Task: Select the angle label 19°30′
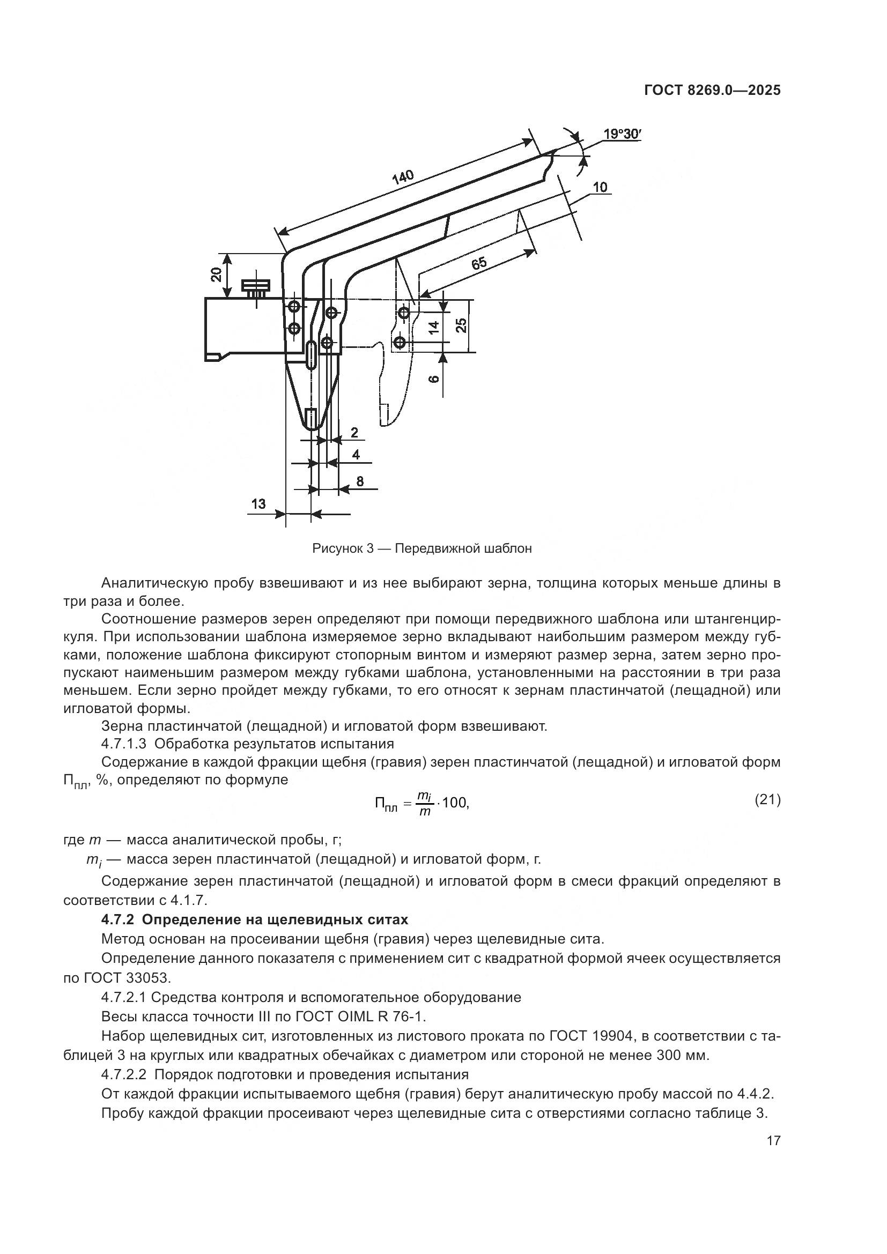point(622,134)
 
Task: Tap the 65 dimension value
point(478,264)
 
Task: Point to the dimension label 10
point(600,187)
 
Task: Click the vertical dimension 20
point(216,274)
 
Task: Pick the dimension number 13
point(258,503)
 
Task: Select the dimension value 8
point(359,481)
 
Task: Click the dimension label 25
point(462,325)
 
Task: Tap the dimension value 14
point(434,327)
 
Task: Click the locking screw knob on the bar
point(256,286)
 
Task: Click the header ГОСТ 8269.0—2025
point(712,91)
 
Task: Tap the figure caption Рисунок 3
point(342,548)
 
